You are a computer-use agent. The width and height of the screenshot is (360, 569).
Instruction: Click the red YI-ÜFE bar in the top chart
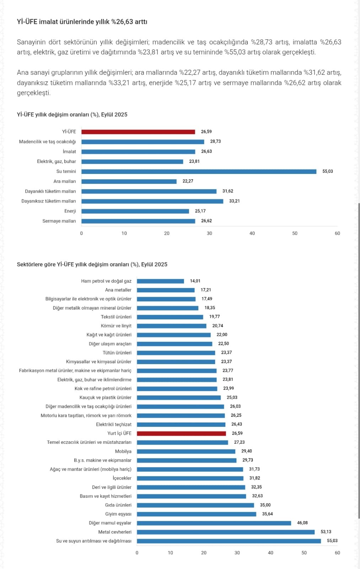tap(138, 132)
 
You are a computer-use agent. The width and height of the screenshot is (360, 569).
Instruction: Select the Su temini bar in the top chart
tap(199, 171)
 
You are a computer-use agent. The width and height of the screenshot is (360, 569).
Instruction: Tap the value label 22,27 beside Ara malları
tap(188, 181)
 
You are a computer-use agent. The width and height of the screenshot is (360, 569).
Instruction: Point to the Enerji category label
tap(70, 211)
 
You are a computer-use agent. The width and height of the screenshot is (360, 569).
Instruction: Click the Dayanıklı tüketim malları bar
tap(149, 191)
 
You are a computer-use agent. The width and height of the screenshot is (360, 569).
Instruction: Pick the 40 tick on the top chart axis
tap(252, 234)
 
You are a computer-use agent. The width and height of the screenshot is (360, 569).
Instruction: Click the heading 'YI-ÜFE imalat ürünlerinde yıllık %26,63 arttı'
tap(82, 22)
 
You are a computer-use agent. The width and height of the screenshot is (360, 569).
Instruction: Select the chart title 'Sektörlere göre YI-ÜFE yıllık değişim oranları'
tap(92, 265)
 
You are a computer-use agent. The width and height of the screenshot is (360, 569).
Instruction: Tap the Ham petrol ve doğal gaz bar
tap(160, 281)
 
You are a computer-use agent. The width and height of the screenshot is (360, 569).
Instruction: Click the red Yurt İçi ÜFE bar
tap(181, 434)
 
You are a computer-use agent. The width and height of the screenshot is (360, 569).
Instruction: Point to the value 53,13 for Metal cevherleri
tap(326, 532)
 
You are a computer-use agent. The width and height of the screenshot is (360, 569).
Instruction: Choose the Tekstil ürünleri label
tap(116, 317)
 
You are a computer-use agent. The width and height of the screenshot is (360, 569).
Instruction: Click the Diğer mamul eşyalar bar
tap(214, 523)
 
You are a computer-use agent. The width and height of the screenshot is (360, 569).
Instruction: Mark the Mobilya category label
tap(123, 452)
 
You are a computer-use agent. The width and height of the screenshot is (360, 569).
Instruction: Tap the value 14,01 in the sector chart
tap(195, 281)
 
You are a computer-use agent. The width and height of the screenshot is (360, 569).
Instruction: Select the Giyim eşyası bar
tap(196, 514)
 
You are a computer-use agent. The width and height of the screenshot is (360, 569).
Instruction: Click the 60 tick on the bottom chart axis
tap(337, 553)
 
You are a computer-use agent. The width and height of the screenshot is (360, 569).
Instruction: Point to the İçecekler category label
tap(122, 478)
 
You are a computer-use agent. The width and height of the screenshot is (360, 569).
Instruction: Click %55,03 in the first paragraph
tap(234, 52)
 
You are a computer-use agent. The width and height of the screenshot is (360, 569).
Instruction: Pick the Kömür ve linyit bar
tap(171, 326)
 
